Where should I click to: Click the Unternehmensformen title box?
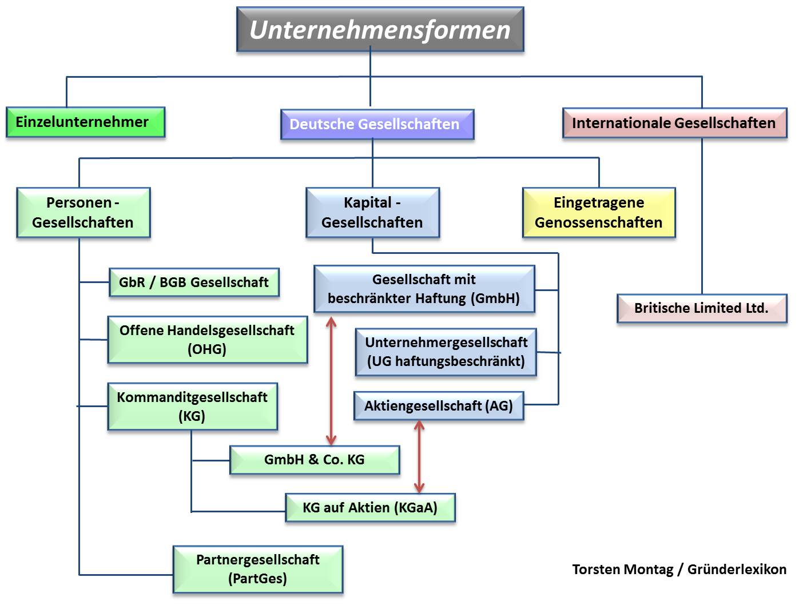coord(380,30)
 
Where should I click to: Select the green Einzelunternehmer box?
coord(85,122)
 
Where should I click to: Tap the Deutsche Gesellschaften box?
coord(377,125)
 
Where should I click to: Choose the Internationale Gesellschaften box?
coord(674,124)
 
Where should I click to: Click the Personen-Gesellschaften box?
coord(84,213)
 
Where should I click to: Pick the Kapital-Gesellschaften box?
coord(372,213)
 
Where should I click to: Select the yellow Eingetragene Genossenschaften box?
coord(599,213)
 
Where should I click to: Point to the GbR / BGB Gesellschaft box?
coord(194,282)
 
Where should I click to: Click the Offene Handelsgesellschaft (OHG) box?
coord(207,340)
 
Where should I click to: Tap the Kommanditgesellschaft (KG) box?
coord(192,407)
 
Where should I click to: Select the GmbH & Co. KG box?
coord(314,460)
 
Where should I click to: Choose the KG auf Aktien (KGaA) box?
coord(370,508)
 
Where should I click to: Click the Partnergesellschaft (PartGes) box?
coord(258,570)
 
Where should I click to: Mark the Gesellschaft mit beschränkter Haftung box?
coord(424,289)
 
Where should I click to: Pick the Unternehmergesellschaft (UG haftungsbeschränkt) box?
coord(446,352)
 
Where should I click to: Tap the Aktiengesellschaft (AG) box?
coord(438,406)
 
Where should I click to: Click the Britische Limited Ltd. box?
coord(701,308)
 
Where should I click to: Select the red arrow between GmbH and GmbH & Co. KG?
coord(331,381)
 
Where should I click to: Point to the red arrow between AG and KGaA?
coord(419,456)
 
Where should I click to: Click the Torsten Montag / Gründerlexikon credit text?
coord(679,570)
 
